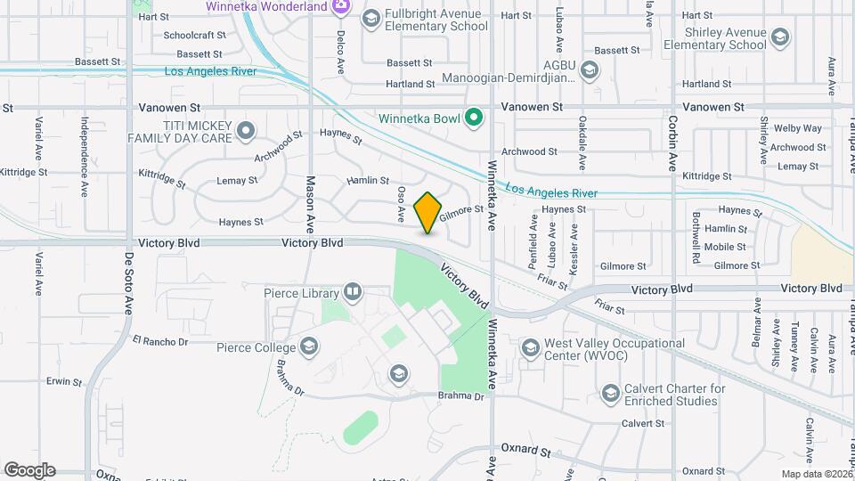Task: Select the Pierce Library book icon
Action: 353,292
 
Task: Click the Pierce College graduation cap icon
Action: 309,346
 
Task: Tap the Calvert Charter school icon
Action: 610,393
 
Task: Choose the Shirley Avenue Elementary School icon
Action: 780,37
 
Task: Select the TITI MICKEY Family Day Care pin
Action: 246,133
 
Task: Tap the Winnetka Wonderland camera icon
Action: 339,7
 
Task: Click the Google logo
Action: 29,469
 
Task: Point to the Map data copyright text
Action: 816,474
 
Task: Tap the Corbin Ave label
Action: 673,143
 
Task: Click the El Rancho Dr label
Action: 160,341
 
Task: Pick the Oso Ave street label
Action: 402,204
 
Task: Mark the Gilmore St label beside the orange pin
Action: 464,210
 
